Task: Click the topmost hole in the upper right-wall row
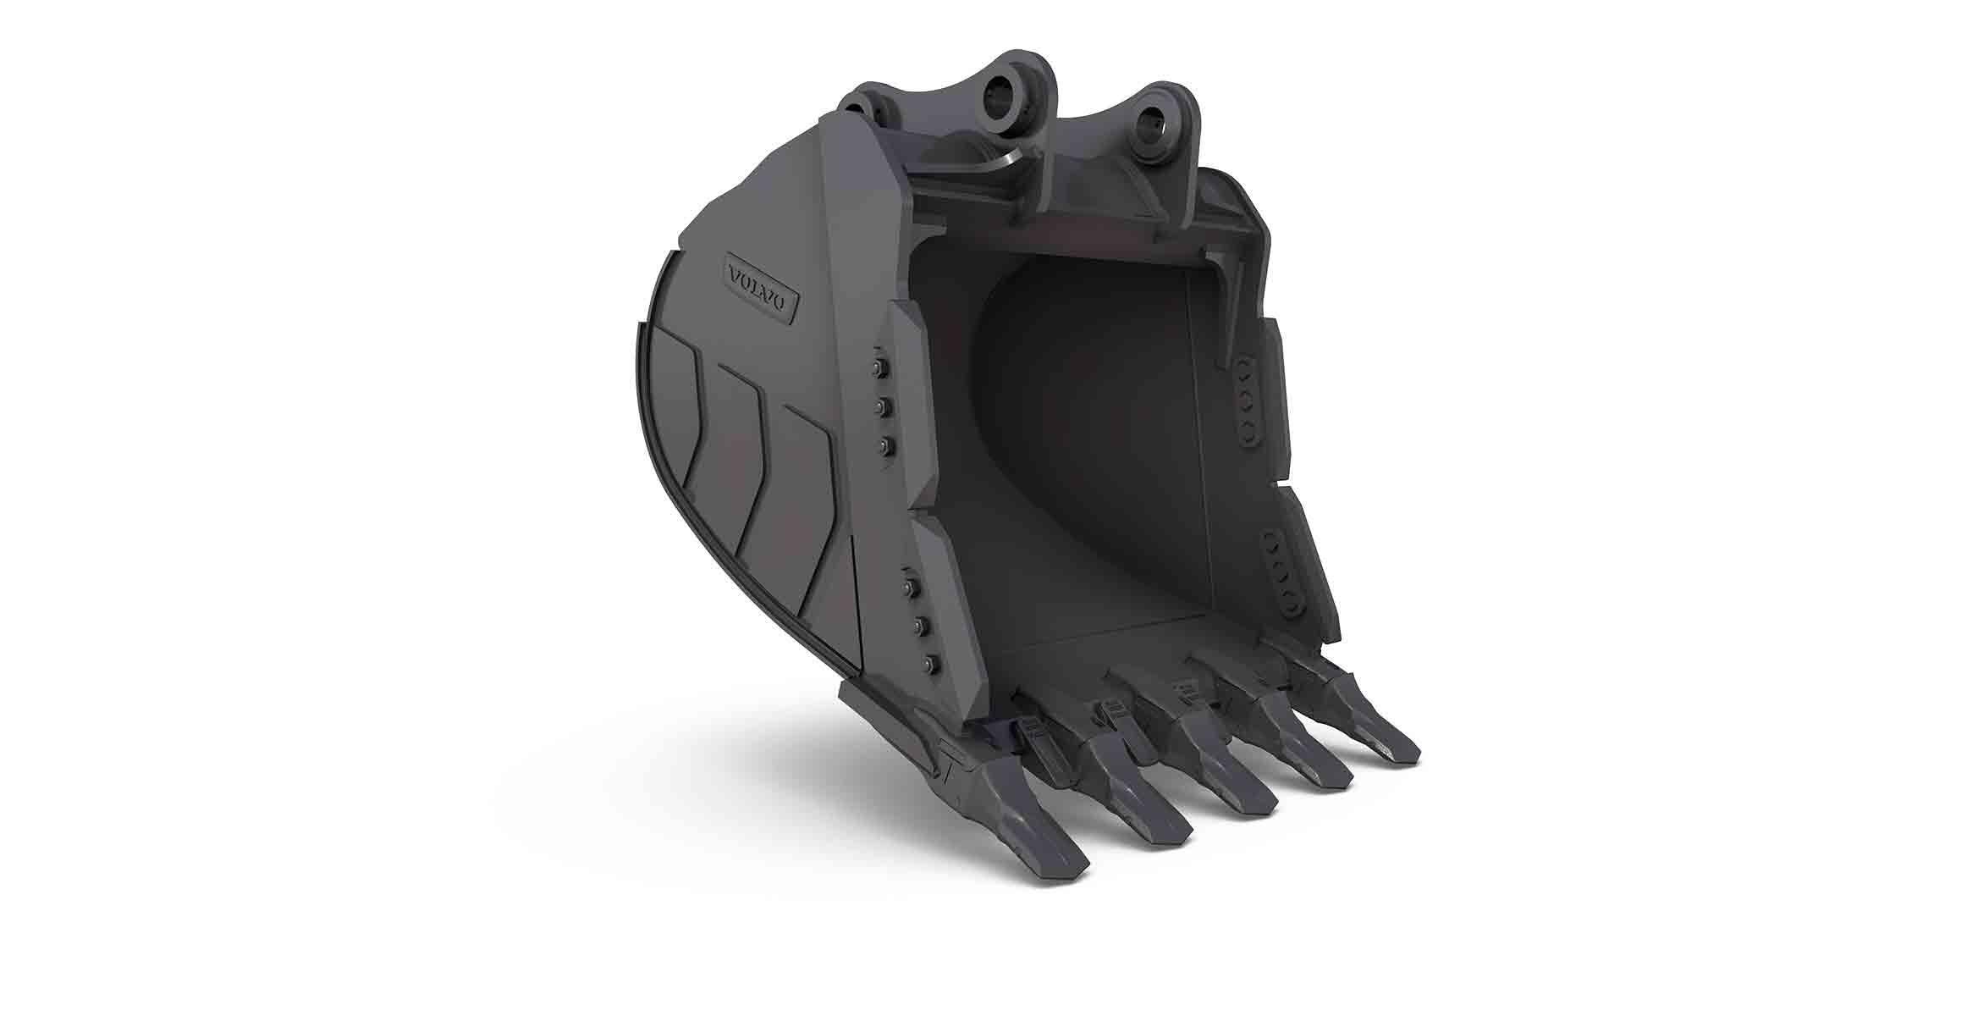point(1246,366)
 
